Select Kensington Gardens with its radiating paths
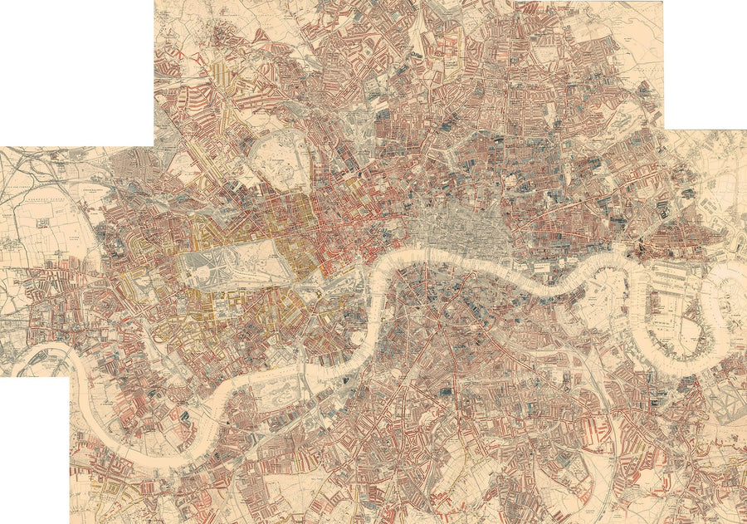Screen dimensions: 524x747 point(207,268)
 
